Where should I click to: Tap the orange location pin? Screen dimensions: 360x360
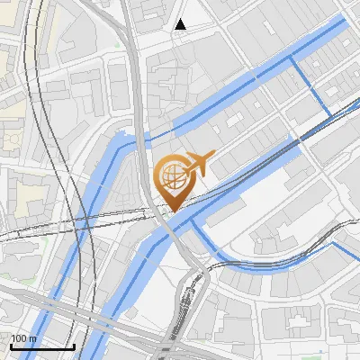172,181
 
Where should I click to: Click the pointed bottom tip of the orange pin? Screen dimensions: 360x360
172,210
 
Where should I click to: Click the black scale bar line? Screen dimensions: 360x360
41,346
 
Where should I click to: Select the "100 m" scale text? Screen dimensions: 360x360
22,338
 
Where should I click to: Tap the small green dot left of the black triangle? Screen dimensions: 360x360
117,42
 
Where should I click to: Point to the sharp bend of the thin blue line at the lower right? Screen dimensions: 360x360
335,242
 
